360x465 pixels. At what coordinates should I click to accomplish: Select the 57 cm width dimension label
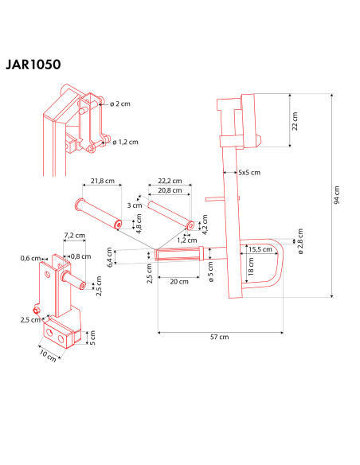(220, 337)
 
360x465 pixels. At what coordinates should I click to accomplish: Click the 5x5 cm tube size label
(249, 172)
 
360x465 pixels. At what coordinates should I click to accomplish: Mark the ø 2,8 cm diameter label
(300, 239)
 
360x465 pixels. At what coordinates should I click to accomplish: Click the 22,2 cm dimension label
(170, 182)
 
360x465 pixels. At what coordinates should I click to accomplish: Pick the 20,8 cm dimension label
(170, 191)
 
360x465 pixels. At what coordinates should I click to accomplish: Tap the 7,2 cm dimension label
(74, 236)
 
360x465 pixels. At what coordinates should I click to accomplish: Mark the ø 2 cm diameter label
(125, 104)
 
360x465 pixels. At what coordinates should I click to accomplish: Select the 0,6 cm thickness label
(30, 257)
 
